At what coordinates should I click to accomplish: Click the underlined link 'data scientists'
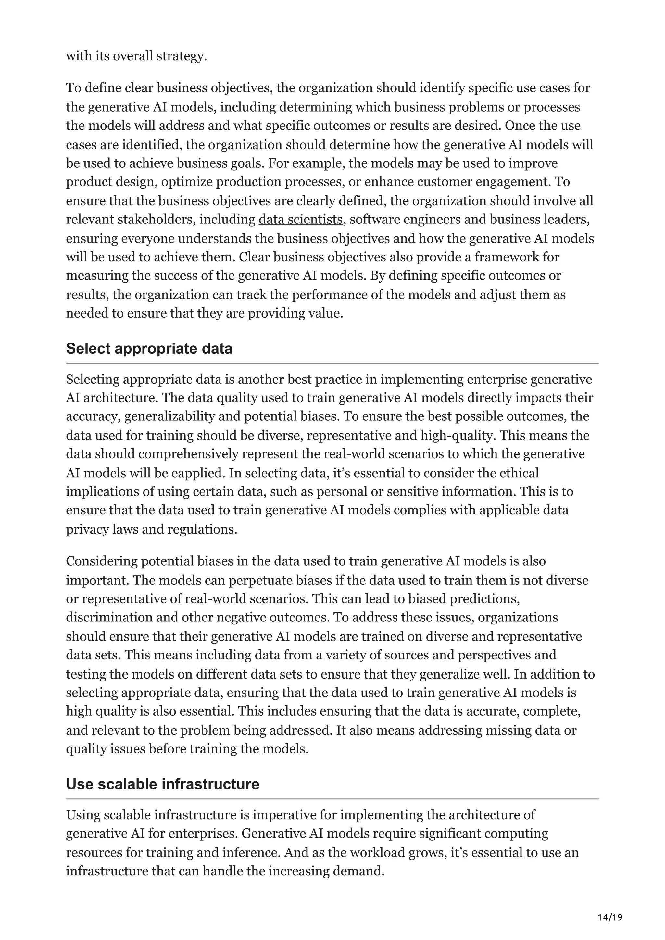(300, 220)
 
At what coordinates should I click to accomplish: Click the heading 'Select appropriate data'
(149, 349)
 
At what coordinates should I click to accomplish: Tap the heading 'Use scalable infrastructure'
(163, 784)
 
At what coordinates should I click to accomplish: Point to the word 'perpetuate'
(262, 581)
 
